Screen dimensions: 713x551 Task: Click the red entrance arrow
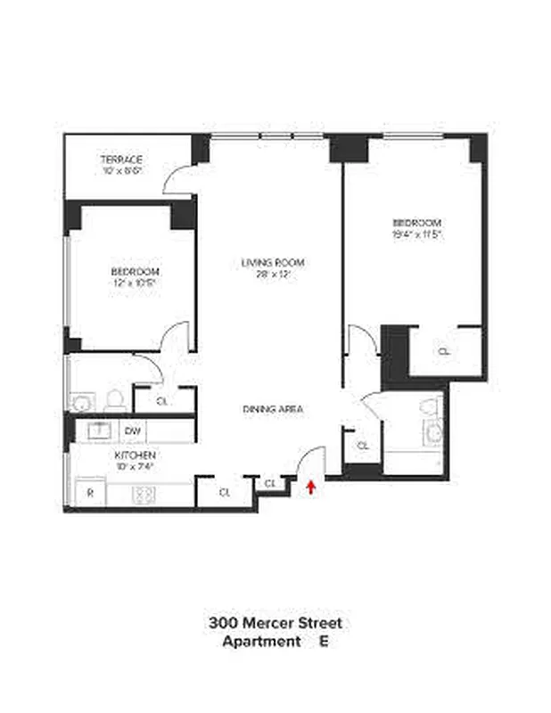tap(310, 487)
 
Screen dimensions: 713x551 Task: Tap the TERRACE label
tap(122, 160)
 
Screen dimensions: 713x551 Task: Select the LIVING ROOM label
tap(272, 263)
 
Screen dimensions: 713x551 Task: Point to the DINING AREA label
tap(273, 409)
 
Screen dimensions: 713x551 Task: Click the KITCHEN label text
tap(135, 455)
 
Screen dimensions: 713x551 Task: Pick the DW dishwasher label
tap(134, 432)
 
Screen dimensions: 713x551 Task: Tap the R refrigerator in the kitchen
tap(90, 493)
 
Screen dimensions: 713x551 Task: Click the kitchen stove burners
tap(144, 493)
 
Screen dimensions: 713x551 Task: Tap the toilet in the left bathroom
tap(113, 399)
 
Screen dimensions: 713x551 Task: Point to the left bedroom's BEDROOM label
tap(135, 271)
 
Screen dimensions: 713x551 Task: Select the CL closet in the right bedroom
tap(444, 351)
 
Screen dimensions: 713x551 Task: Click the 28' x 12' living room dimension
tap(272, 275)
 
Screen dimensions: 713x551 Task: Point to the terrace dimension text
tap(122, 170)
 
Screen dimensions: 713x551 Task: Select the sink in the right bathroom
tap(433, 435)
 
